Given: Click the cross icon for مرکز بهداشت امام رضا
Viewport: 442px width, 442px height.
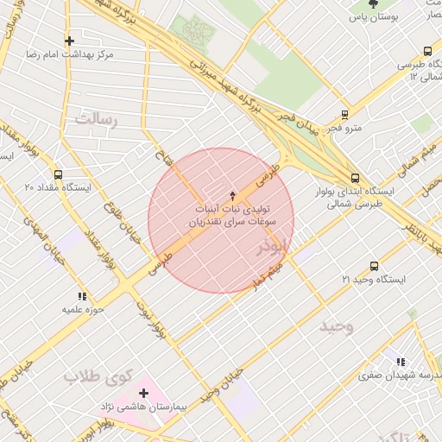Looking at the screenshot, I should coord(69,41).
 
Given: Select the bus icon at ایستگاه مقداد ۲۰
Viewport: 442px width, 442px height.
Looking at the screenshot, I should coord(58,174).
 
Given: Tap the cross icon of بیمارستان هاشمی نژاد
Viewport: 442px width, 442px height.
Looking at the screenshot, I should coord(143,393).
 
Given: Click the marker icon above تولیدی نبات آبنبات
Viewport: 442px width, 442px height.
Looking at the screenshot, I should coord(230,196).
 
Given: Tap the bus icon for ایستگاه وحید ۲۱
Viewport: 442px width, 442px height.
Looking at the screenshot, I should coord(374,267).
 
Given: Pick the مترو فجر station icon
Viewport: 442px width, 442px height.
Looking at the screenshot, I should coord(345,115).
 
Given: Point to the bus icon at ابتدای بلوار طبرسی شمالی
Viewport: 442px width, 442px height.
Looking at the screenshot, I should coord(355,177).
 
